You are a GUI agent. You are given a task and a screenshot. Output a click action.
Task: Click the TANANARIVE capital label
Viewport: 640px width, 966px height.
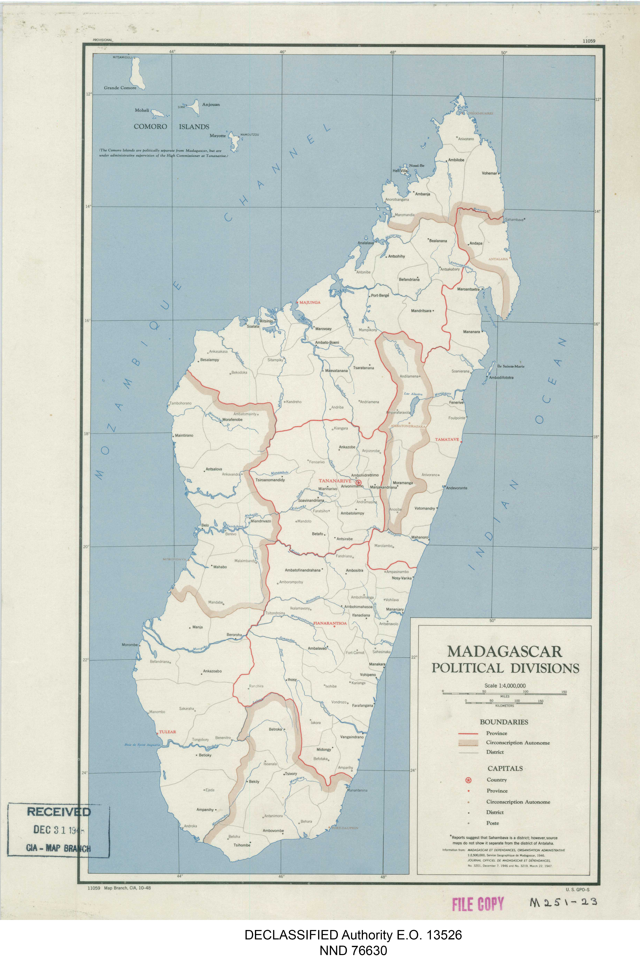pyautogui.click(x=335, y=481)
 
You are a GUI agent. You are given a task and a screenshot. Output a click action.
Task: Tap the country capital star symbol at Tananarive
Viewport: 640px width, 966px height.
pyautogui.click(x=359, y=483)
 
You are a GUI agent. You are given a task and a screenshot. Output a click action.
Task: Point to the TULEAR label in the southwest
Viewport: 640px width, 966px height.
pyautogui.click(x=167, y=732)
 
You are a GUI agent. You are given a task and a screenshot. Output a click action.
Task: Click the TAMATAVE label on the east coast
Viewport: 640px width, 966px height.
pyautogui.click(x=447, y=440)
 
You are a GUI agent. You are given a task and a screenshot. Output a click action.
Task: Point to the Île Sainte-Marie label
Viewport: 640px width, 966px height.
pyautogui.click(x=511, y=366)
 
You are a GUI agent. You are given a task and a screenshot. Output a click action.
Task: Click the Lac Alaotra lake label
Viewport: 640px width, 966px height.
pyautogui.click(x=413, y=394)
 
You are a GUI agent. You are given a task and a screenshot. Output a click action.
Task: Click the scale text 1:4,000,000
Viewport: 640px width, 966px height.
pyautogui.click(x=505, y=686)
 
